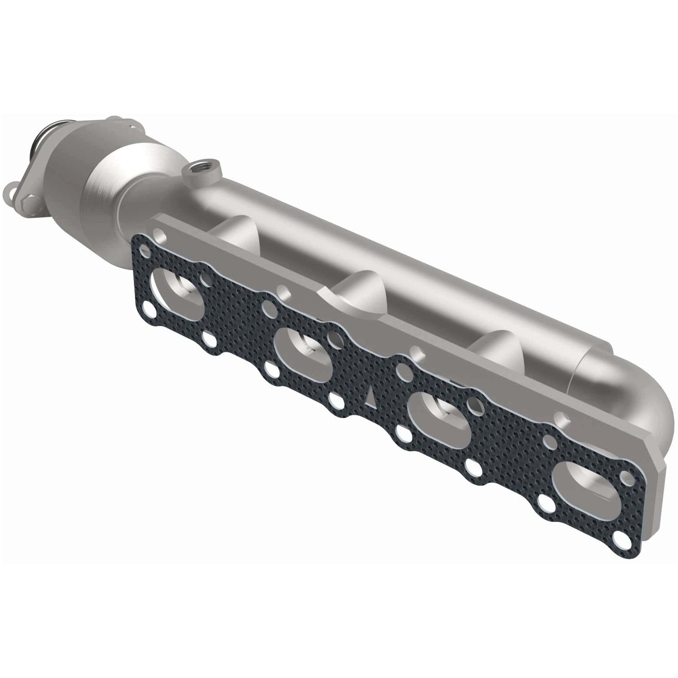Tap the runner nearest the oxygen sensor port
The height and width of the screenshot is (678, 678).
click(x=235, y=230)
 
